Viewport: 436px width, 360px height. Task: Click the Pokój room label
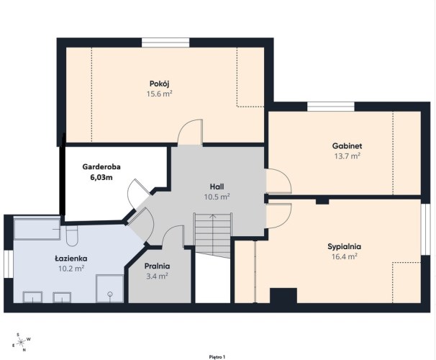tap(159, 84)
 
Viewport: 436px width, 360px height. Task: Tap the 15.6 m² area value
tap(159, 94)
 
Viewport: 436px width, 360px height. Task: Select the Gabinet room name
tap(347, 145)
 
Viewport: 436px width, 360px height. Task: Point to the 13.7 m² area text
tap(347, 156)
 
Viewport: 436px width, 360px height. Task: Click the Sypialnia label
tap(344, 246)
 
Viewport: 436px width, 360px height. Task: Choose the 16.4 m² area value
tap(344, 256)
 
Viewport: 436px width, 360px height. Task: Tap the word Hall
tap(217, 186)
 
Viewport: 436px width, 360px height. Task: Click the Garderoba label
tap(101, 166)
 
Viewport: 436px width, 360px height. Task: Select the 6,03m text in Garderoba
tap(101, 177)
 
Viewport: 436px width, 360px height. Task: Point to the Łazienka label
tap(71, 258)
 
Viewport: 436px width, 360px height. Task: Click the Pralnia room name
tap(157, 266)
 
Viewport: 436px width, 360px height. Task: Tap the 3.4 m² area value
tap(157, 276)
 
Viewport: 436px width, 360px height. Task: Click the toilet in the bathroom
tap(72, 236)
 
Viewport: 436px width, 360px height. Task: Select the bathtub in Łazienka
tap(37, 229)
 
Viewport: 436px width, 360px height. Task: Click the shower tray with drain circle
tap(109, 289)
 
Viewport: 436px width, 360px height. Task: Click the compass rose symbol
tap(21, 342)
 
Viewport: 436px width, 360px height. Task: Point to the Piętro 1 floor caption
tap(217, 357)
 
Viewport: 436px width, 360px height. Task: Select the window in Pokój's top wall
tap(165, 42)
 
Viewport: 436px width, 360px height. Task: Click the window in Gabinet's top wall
tap(331, 107)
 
